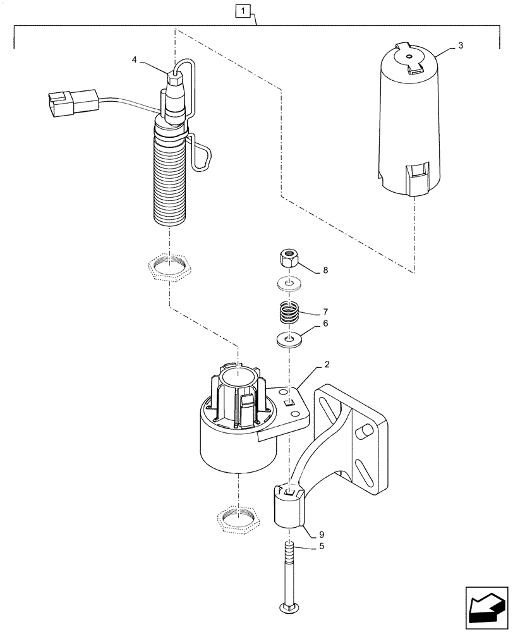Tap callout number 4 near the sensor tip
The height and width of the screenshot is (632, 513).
coord(134,59)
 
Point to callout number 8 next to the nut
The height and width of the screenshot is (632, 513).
coord(325,270)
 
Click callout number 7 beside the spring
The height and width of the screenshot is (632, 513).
coord(326,312)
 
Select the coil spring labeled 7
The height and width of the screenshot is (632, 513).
coord(288,313)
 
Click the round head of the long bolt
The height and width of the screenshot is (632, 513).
coord(288,609)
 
